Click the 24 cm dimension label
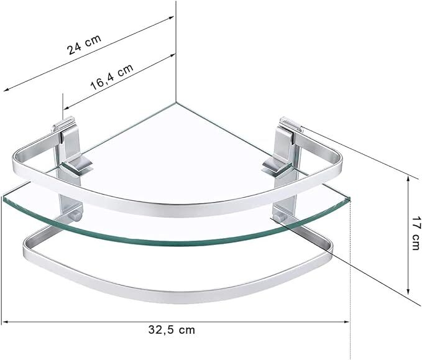click(x=85, y=44)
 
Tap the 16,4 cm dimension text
click(x=112, y=76)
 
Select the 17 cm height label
click(x=416, y=233)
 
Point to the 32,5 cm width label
click(x=172, y=330)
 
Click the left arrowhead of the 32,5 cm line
click(x=4, y=321)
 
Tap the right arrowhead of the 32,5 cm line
click(x=346, y=321)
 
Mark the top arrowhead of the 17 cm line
click(x=408, y=179)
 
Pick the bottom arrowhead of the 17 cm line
click(x=408, y=291)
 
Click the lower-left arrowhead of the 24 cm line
click(x=7, y=90)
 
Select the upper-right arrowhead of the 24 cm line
click(x=171, y=18)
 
